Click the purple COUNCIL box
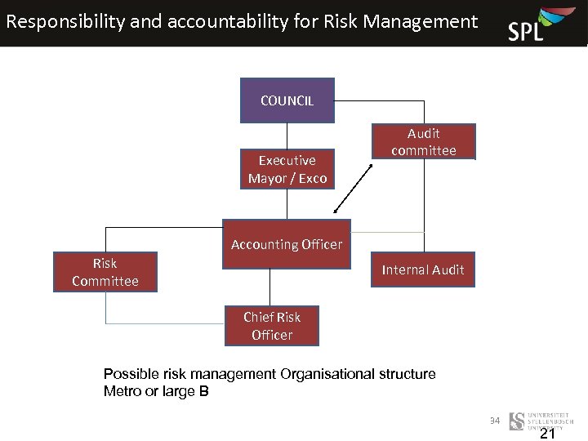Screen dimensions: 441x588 tap(287, 100)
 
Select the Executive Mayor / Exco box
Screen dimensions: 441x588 tap(287, 169)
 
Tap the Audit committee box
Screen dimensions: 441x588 tap(423, 141)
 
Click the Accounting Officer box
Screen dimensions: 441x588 tap(287, 244)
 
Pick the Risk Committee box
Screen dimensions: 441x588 tap(105, 272)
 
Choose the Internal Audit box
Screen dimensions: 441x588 tap(423, 269)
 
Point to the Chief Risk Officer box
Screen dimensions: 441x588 tap(272, 326)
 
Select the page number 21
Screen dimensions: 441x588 tap(547, 434)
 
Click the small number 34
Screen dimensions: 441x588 tap(494, 421)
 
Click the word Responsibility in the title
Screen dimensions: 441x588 tap(65, 21)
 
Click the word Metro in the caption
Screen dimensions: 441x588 tap(122, 391)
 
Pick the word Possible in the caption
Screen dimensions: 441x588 tap(128, 374)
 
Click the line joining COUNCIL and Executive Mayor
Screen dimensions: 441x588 tap(287, 136)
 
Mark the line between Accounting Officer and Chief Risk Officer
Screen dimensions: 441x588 tap(270, 287)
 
